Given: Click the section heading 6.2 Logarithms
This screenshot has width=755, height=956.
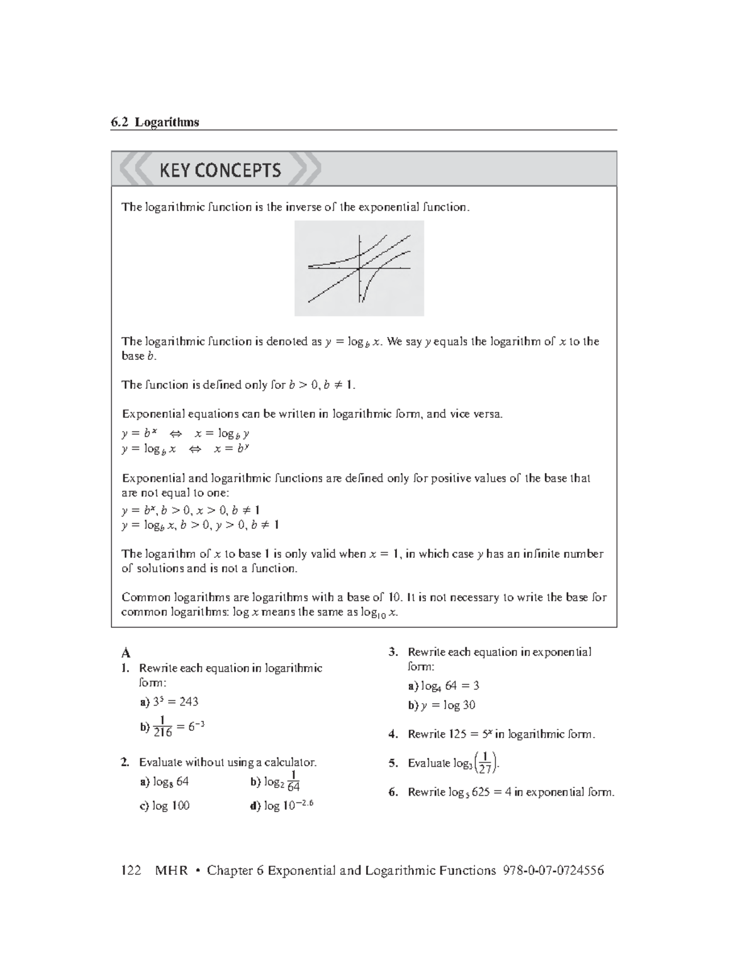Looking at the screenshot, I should pos(155,122).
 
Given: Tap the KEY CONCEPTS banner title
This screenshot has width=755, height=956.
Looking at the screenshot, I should pos(220,170).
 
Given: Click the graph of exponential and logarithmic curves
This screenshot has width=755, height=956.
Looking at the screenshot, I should pos(359,268).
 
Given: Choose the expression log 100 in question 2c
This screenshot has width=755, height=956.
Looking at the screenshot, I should pos(171,806).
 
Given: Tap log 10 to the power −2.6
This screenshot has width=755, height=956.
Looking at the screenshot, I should pos(288,806).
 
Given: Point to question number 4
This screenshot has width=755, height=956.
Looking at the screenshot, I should pos(393,734).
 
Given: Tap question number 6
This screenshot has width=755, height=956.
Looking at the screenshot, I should pos(393,792).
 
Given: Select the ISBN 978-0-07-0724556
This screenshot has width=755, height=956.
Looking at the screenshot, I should pos(553,870).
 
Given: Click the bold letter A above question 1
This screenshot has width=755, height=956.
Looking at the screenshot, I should pos(126,653).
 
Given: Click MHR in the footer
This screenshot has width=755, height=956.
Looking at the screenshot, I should pos(171,870).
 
